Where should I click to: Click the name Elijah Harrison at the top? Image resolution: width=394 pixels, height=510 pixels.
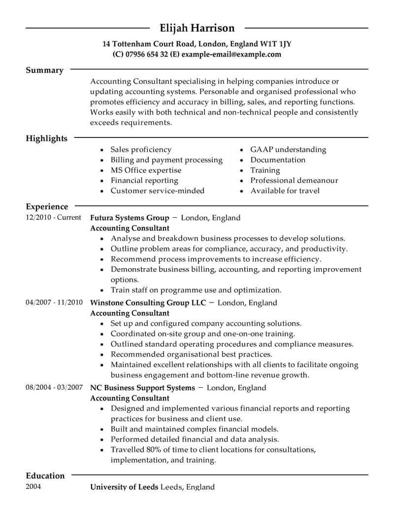click(x=197, y=28)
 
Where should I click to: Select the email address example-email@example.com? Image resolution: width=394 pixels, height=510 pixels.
click(x=231, y=54)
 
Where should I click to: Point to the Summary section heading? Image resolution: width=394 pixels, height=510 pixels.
click(x=44, y=70)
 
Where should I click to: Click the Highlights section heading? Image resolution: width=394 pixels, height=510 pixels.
click(x=46, y=138)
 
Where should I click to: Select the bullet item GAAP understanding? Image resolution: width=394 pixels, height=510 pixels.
click(x=288, y=149)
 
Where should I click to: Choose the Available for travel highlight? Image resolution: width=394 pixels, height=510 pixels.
click(x=285, y=191)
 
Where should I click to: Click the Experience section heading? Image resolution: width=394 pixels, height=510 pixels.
click(x=47, y=206)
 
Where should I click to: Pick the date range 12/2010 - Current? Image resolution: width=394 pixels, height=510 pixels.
click(x=53, y=217)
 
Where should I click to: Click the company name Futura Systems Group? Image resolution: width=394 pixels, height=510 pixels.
click(x=130, y=217)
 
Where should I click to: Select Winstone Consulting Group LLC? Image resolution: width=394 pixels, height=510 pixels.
click(x=148, y=303)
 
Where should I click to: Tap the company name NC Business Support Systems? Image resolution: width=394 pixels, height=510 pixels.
click(x=143, y=388)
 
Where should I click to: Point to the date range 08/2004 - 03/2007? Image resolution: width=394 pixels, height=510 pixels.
click(x=54, y=388)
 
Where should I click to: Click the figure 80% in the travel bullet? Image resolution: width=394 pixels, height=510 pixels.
click(x=152, y=450)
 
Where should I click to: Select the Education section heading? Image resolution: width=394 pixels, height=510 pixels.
click(x=45, y=476)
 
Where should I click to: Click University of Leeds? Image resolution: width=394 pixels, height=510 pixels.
click(x=124, y=487)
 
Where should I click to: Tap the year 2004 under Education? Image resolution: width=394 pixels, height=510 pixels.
click(x=33, y=487)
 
